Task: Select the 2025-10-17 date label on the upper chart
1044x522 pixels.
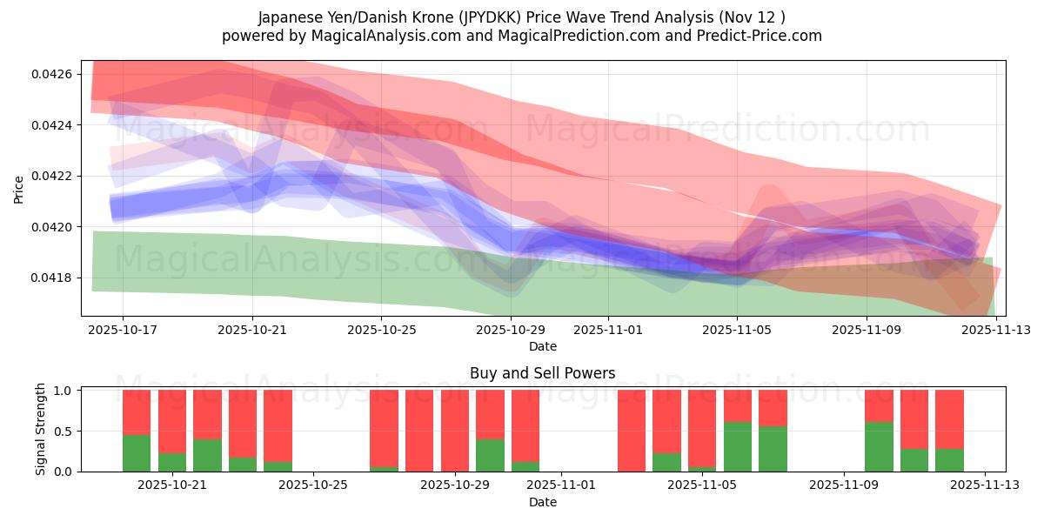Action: point(123,330)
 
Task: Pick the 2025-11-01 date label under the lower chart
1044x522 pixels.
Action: point(561,485)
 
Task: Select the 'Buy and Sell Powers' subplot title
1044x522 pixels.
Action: point(542,373)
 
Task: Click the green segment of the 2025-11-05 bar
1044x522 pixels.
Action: point(738,446)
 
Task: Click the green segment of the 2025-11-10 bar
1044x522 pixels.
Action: point(879,446)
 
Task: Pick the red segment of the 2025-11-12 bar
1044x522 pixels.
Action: point(949,419)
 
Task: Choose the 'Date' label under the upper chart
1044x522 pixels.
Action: point(542,346)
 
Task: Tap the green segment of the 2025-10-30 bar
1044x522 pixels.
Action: point(525,466)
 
